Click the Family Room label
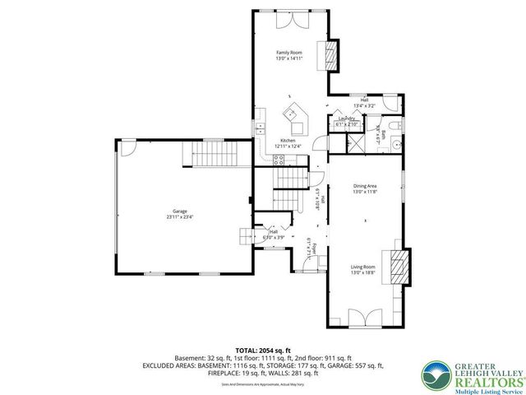coord(289,53)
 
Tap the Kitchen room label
coord(288,141)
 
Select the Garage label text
coord(180,211)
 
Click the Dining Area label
coord(365,186)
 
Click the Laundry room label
coord(345,118)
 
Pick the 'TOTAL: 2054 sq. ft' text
coord(263,351)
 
